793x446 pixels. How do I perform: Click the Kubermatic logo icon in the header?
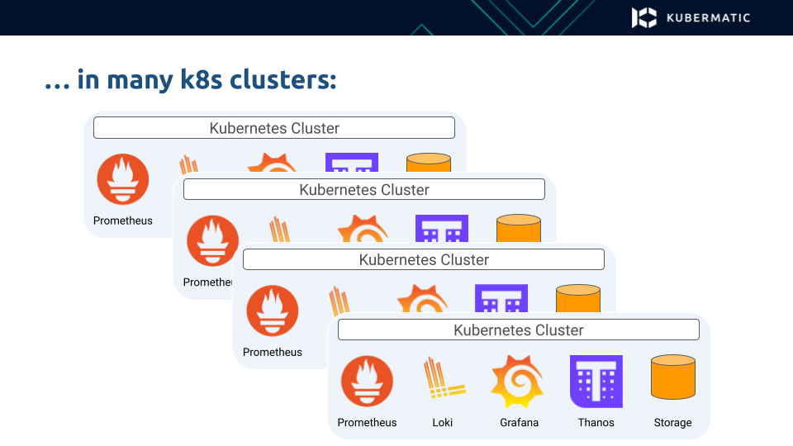coord(644,17)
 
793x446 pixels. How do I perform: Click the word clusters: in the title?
coord(283,80)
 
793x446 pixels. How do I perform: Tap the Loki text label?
coord(443,423)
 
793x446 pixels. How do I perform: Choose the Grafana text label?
coord(519,423)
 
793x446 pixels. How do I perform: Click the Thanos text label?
coord(596,423)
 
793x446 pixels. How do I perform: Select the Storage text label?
coord(672,423)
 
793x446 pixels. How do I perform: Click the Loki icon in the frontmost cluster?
coord(444,379)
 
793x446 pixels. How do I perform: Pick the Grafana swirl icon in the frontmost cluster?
coord(518,382)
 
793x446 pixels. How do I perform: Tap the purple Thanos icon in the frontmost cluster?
coord(596,382)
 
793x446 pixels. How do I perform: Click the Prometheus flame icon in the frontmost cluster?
coord(367,382)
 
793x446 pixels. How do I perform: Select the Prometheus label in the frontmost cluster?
coord(367,423)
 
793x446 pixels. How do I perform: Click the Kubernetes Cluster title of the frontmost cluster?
coord(519,330)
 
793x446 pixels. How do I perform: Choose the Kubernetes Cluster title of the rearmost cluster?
coord(274,128)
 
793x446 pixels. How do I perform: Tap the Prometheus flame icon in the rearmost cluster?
coord(123,179)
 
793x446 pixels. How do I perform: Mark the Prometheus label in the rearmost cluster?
coord(123,221)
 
